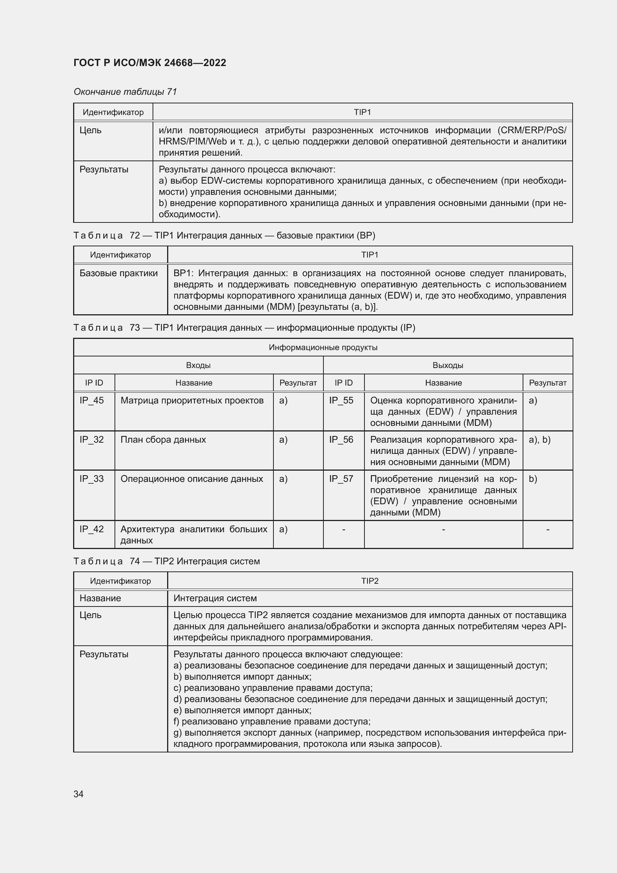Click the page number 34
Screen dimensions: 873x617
78,794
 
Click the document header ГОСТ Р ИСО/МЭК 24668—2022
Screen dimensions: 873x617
150,63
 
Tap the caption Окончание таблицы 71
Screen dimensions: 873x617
125,92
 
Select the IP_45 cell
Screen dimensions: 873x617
91,400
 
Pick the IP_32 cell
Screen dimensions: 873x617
91,440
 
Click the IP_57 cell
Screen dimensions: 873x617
341,479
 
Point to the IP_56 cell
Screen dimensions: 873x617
341,440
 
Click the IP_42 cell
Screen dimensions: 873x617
91,529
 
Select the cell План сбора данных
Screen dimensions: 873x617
163,440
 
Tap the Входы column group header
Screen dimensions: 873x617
198,365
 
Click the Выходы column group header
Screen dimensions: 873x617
448,365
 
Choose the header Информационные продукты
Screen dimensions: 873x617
323,347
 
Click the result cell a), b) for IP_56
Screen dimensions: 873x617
539,440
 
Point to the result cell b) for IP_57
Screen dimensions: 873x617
533,479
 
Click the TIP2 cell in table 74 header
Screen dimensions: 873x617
369,581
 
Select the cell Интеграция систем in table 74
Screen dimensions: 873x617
215,598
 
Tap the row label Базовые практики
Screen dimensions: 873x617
119,273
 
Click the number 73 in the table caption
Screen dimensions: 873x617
135,328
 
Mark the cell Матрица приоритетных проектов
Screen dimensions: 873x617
192,400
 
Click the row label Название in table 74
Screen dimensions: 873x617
100,598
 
